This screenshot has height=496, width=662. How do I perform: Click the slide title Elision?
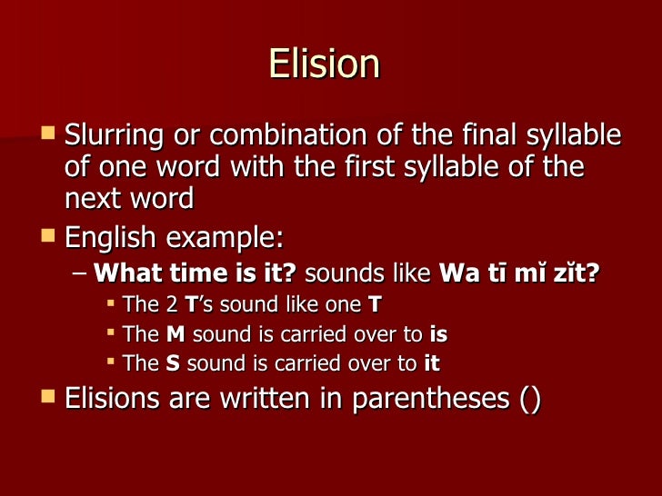coord(324,64)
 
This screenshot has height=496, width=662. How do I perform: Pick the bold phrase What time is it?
coord(196,273)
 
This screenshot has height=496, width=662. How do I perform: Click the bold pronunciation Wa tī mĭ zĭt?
coord(519,273)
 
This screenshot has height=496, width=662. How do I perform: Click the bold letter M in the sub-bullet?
coord(176,334)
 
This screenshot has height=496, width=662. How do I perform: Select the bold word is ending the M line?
coord(438,334)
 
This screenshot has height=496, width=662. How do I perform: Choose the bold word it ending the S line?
coord(431,363)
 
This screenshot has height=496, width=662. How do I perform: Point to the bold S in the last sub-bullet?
coord(173,363)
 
